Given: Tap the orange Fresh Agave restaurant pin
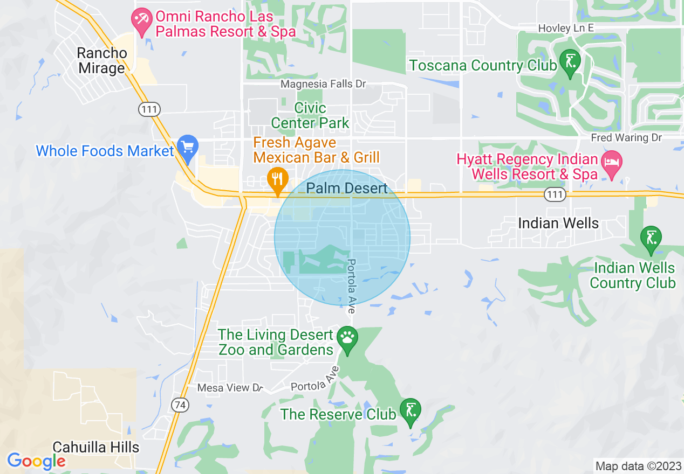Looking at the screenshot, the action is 278,179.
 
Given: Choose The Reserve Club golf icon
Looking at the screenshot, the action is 411,410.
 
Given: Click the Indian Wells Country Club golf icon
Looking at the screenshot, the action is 651,238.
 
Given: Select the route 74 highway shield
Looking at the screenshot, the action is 180,405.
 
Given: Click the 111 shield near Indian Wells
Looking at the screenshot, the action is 555,195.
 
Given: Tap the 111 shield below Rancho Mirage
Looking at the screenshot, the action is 149,109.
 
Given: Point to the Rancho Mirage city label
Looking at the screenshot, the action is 102,61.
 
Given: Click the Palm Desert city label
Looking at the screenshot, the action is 347,188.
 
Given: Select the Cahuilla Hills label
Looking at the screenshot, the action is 96,447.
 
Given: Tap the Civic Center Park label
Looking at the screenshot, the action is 310,115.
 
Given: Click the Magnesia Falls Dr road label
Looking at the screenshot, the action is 323,84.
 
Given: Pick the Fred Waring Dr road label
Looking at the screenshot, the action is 626,138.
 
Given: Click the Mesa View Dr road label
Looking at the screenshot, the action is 230,388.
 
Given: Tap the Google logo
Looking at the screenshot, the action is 36,461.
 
